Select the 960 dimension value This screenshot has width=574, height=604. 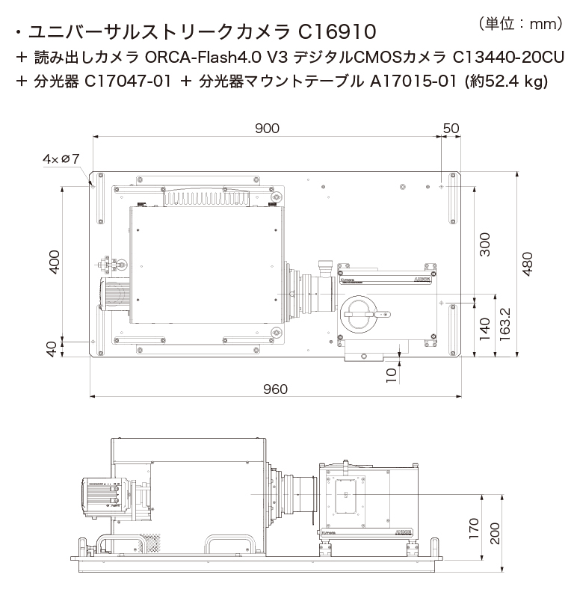(275, 389)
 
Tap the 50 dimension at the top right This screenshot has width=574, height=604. (451, 128)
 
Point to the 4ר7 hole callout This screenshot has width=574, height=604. (61, 158)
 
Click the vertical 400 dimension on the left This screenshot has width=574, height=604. (54, 262)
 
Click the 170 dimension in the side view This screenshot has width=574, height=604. (472, 528)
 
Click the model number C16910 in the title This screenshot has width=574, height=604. (341, 32)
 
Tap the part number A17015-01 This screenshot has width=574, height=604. (413, 81)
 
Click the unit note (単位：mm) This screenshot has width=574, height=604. (519, 24)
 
